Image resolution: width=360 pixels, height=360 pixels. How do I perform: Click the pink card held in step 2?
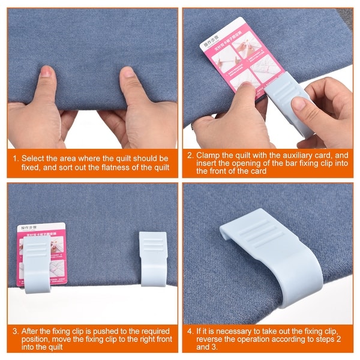(237, 54)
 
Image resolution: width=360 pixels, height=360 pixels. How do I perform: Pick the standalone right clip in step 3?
(153, 258)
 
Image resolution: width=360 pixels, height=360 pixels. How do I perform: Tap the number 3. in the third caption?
(15, 331)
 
